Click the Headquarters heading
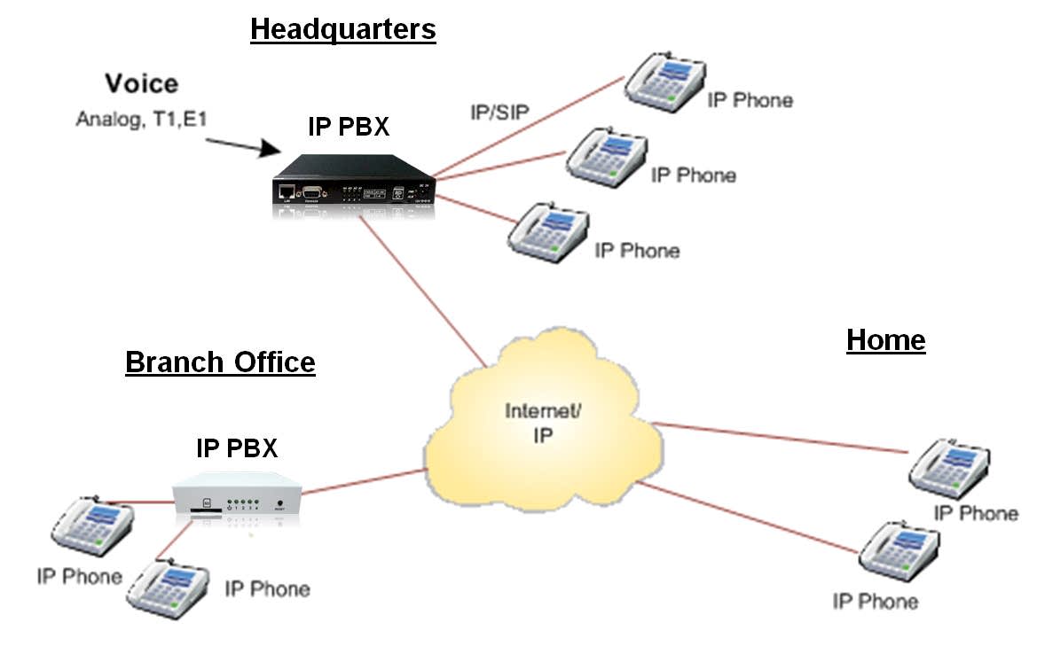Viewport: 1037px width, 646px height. (342, 30)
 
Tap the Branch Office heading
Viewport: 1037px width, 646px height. (220, 362)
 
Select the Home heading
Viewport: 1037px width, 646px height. (885, 340)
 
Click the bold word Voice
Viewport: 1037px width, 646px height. (141, 84)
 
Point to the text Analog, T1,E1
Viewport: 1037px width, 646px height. (141, 116)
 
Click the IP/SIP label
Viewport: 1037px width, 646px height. (503, 113)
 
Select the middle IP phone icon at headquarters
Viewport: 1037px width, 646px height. (605, 157)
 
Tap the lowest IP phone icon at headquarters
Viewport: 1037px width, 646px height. (548, 232)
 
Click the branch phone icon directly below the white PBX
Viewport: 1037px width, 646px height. (168, 585)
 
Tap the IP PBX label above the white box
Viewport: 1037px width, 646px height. (237, 448)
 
